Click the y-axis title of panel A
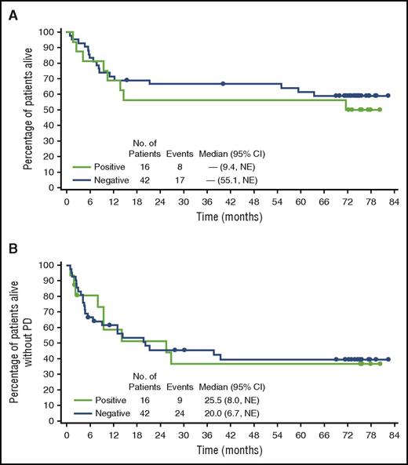point(27,110)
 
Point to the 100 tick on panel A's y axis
point(49,32)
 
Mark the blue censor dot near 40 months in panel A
point(223,84)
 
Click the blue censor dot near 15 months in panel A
point(126,80)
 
